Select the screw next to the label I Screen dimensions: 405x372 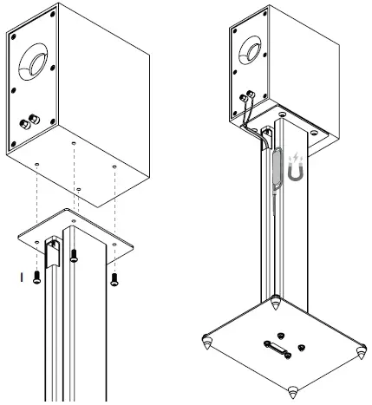pos(37,276)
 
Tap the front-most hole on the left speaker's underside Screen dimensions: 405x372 pos(79,188)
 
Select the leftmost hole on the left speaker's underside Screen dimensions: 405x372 pos(36,163)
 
